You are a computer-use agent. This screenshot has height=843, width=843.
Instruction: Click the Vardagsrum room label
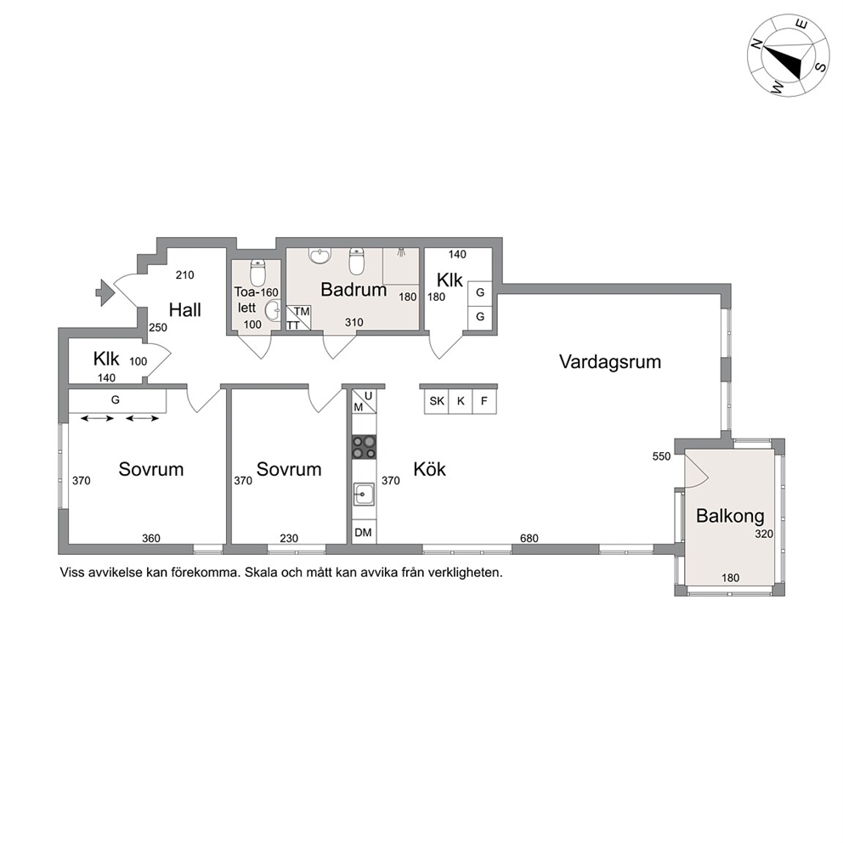(x=609, y=362)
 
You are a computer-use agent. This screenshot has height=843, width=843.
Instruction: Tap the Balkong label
(x=730, y=516)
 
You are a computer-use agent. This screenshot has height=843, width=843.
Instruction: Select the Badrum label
(x=354, y=290)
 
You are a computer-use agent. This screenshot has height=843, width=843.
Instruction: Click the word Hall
(x=185, y=310)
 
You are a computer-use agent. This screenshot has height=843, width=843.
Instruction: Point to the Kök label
(x=429, y=469)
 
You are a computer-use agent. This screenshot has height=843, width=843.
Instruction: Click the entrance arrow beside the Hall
(x=105, y=293)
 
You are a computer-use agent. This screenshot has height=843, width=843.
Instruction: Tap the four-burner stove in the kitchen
(x=364, y=447)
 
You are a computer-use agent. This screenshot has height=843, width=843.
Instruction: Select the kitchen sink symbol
(x=364, y=495)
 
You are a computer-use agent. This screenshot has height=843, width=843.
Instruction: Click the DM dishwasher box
(x=364, y=532)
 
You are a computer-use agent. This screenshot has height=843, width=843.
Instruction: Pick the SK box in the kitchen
(x=437, y=401)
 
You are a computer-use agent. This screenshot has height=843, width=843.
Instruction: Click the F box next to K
(x=484, y=401)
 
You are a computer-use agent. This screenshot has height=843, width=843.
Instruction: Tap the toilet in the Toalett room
(x=258, y=273)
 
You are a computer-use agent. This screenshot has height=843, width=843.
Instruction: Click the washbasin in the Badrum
(x=321, y=256)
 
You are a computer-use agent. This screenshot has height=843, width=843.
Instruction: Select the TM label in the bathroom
(x=303, y=312)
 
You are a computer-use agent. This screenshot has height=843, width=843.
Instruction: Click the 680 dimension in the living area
(x=529, y=538)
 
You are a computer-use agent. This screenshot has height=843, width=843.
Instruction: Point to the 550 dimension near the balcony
(x=661, y=456)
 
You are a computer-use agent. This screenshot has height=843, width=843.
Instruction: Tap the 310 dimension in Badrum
(x=354, y=322)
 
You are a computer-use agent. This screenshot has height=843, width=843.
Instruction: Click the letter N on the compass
(x=756, y=45)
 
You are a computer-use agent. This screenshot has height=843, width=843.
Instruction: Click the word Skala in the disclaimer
(x=259, y=573)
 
